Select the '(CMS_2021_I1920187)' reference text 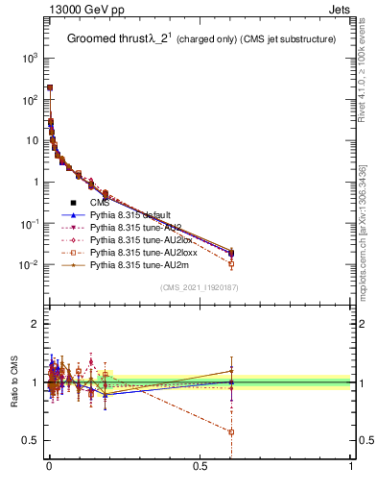(200, 287)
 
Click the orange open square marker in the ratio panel (231, 431)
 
